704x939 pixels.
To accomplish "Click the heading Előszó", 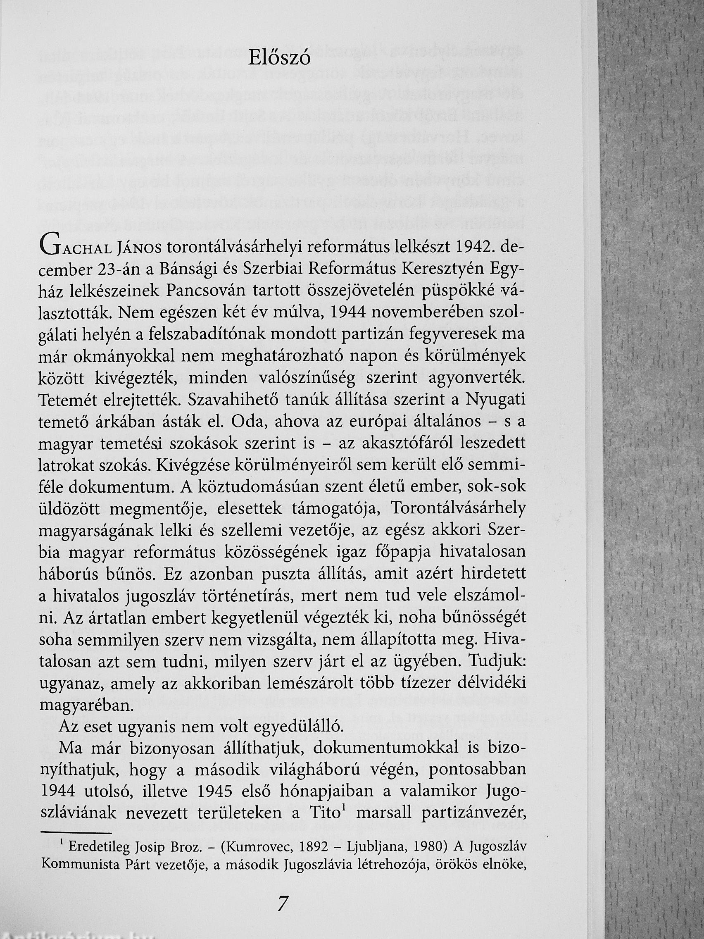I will (x=279, y=59).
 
